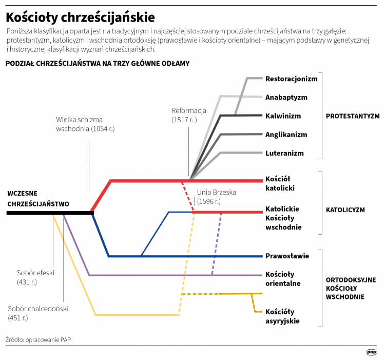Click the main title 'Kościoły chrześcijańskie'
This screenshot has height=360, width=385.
(x=80, y=17)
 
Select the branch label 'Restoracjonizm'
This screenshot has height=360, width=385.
(x=291, y=79)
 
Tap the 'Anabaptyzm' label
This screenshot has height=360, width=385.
(x=286, y=97)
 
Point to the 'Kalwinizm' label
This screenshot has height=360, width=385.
(x=283, y=116)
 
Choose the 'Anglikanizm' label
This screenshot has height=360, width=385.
(x=286, y=135)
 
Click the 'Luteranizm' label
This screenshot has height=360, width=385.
(x=284, y=153)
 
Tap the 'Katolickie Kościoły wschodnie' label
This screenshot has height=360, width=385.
(x=283, y=218)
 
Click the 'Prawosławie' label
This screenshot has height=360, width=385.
(x=287, y=256)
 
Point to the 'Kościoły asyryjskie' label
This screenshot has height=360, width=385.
(x=282, y=316)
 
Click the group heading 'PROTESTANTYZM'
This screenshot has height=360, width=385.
(x=353, y=116)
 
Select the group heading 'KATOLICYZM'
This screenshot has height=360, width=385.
(x=345, y=210)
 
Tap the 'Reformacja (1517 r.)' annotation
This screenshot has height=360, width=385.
(x=189, y=115)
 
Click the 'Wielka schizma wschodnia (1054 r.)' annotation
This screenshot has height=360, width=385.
(x=85, y=124)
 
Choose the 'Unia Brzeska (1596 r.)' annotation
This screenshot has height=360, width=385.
(x=216, y=197)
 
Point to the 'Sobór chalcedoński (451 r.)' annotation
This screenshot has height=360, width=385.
(x=38, y=313)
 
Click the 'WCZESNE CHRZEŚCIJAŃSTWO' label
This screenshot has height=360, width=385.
(x=38, y=199)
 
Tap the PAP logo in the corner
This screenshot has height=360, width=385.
(x=372, y=352)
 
